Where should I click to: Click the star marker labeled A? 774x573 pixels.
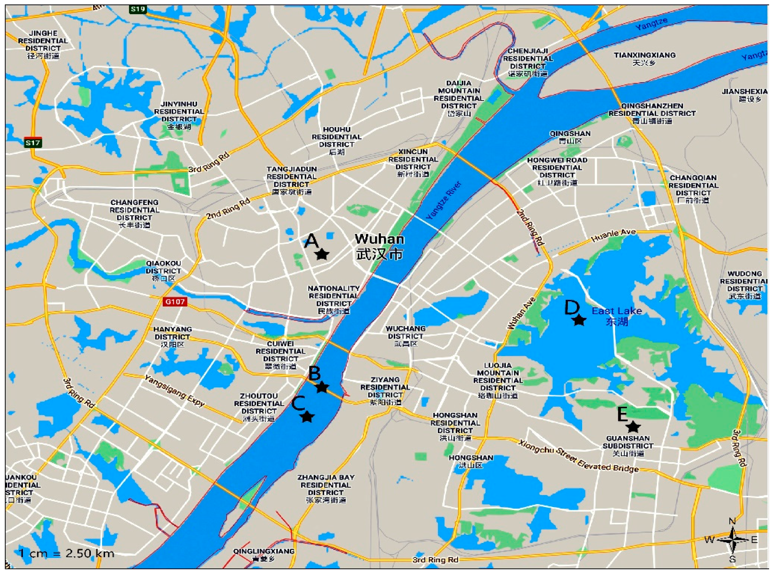click(322, 255)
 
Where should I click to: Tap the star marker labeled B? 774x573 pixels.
click(322, 387)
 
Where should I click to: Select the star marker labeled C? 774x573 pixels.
click(307, 417)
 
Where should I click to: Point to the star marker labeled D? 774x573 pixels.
click(579, 320)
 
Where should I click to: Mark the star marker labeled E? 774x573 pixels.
click(633, 427)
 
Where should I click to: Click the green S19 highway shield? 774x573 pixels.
click(138, 9)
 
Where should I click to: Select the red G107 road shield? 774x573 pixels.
click(175, 301)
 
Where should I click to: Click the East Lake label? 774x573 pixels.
click(616, 316)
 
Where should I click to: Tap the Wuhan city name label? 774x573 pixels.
click(379, 246)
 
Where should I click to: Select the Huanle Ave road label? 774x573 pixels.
click(613, 236)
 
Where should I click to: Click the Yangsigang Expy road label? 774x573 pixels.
click(175, 391)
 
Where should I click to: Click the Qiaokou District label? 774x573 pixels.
click(163, 271)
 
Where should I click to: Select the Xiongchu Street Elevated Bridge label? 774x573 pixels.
click(578, 456)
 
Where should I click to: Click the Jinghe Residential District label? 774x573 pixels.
click(43, 44)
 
